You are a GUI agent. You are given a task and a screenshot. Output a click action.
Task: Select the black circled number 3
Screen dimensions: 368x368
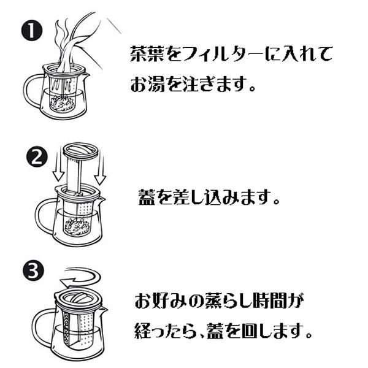tap(33, 270)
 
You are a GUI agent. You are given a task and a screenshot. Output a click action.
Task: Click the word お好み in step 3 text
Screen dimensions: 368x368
tap(161, 303)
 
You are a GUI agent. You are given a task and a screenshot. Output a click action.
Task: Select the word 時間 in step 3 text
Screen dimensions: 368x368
tap(275, 303)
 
